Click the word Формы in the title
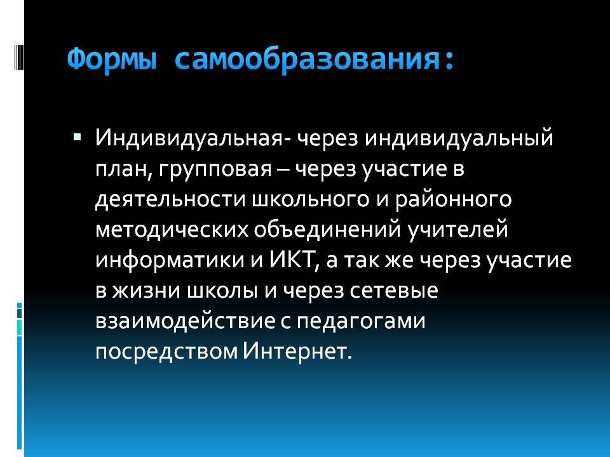tap(112, 60)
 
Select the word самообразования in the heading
tap(306, 60)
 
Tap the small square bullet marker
tap(77, 137)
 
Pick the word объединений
tap(327, 230)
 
